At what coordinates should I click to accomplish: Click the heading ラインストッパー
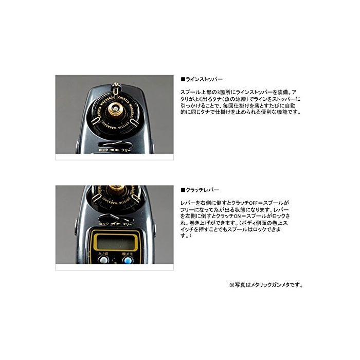click(x=202, y=79)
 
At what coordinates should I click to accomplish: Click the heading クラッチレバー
click(x=200, y=190)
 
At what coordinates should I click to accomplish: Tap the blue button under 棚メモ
click(x=128, y=260)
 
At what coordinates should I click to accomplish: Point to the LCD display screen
click(x=115, y=242)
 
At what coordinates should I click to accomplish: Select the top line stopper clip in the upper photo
click(x=116, y=90)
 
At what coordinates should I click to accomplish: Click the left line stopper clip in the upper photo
click(x=95, y=120)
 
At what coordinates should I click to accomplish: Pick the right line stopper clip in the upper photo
click(x=135, y=121)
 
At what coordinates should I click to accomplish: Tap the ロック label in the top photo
click(x=103, y=150)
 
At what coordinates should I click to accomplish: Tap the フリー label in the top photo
click(x=126, y=150)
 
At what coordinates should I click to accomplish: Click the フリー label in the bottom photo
click(x=127, y=224)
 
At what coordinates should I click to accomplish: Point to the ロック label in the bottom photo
click(x=104, y=224)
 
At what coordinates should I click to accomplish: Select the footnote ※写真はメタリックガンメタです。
click(x=266, y=285)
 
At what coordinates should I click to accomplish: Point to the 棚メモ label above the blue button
click(x=128, y=254)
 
